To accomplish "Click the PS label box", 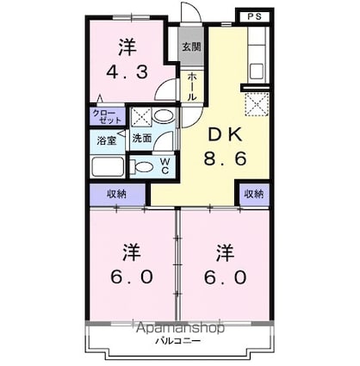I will (251, 16).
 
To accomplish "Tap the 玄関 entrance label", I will (189, 47).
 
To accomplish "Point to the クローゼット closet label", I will (108, 116).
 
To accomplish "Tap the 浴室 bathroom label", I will (106, 139).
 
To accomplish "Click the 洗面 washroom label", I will (142, 138).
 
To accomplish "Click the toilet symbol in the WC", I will (145, 165).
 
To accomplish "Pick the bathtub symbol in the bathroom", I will (108, 166).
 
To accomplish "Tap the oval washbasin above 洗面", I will (167, 117).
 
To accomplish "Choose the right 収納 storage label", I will (252, 195).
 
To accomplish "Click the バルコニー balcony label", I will (179, 342).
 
